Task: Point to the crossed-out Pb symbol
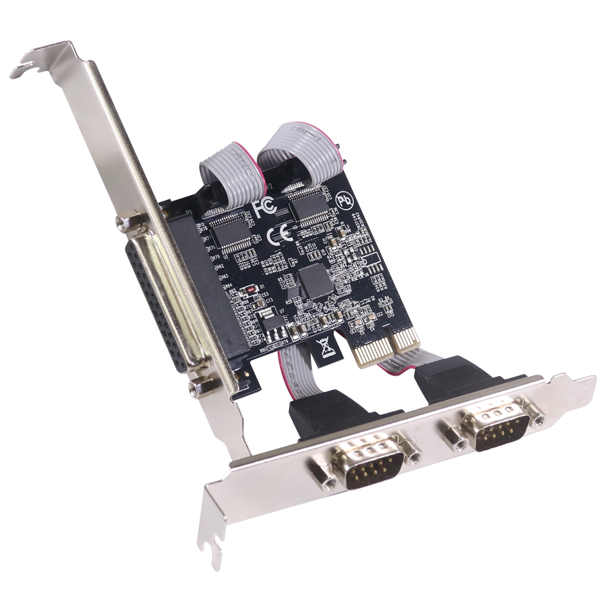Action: point(346,199)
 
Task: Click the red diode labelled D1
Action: point(249,289)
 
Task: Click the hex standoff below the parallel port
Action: point(201,386)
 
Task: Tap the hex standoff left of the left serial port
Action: point(323,481)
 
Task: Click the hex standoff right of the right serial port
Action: point(538,420)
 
